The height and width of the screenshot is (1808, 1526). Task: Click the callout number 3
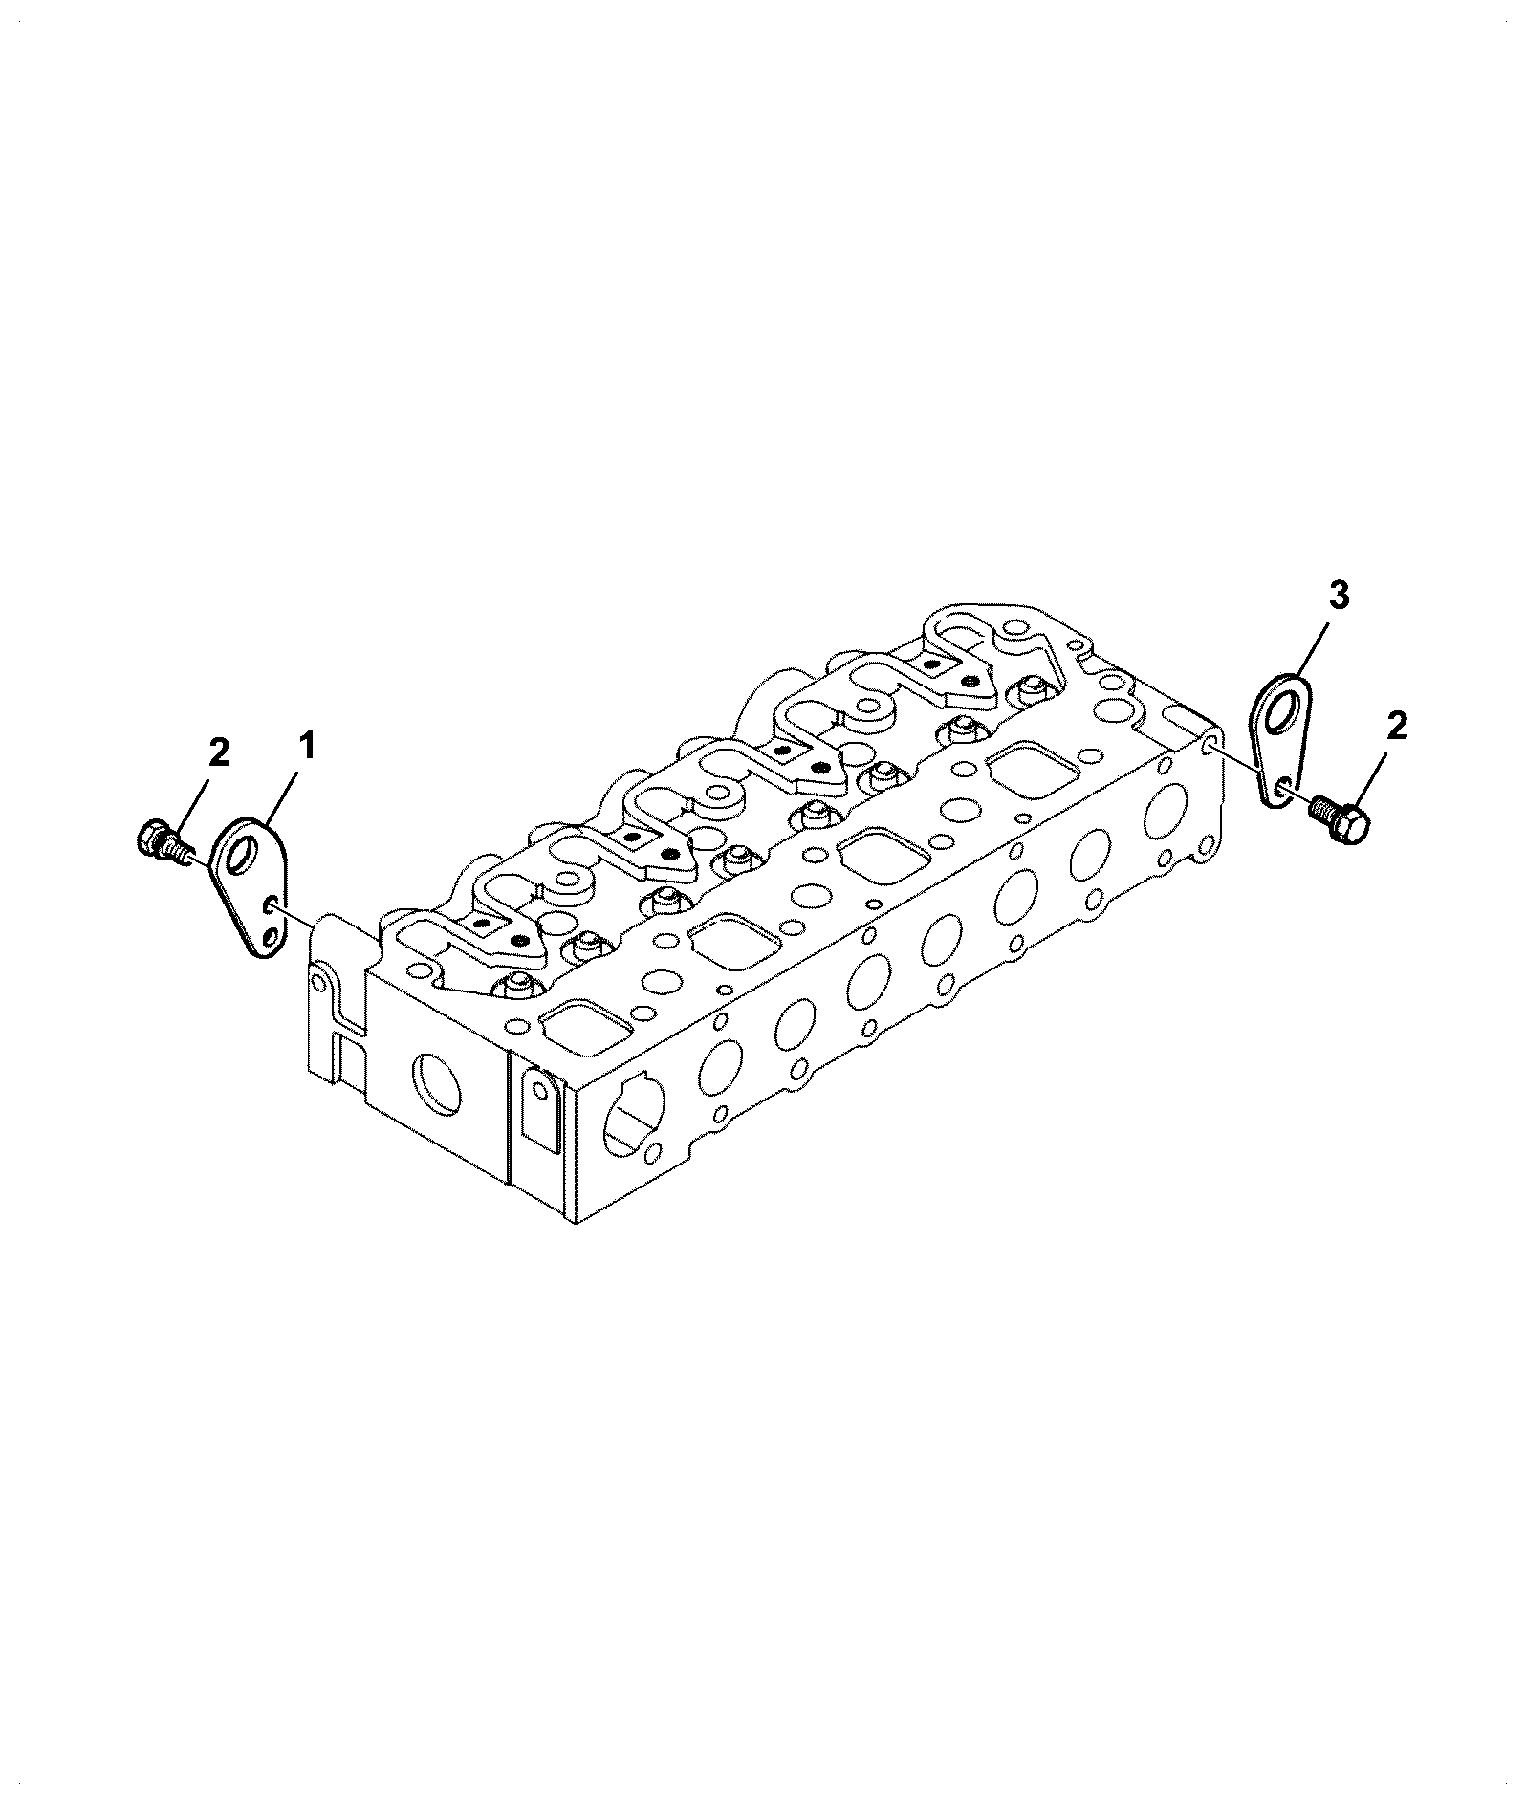pos(1339,597)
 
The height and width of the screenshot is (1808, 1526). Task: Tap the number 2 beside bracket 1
pos(219,754)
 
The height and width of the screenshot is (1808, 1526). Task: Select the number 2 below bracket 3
pos(1397,728)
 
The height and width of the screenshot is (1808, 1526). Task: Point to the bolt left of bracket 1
pos(166,842)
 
